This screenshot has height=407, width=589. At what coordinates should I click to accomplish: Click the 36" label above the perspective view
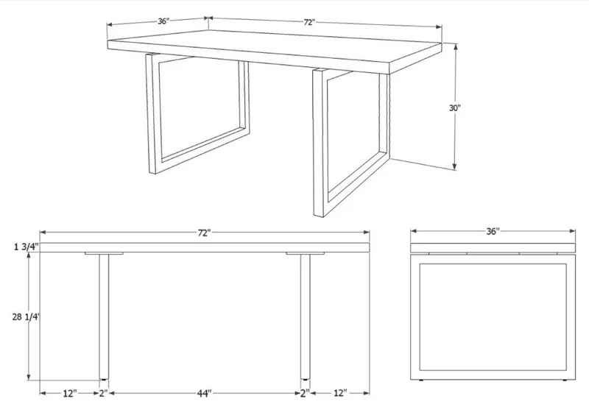coord(163,21)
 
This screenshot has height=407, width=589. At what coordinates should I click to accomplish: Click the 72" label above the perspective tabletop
coord(308,23)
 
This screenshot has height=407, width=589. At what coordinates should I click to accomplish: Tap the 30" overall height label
coord(455,107)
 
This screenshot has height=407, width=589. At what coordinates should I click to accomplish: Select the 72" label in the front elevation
coord(205,233)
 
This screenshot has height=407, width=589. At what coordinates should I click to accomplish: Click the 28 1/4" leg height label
coord(26,317)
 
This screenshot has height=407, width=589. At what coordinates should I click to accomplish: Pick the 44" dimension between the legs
coord(205,393)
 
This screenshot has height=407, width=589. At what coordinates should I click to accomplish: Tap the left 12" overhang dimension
coord(70,393)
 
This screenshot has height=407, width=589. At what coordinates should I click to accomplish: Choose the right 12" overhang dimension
coord(339,393)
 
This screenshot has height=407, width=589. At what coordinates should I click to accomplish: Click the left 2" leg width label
coord(103,393)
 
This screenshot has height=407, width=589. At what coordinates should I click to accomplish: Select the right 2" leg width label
coord(305,393)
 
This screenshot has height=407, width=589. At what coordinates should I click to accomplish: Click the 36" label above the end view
coord(493,231)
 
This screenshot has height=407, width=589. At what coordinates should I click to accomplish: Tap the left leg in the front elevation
coord(104,316)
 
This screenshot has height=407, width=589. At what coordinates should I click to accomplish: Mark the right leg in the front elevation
coord(306,316)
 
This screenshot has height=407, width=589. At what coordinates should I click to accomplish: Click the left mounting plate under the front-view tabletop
coord(104,253)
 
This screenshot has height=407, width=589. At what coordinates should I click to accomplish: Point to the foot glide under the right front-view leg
coord(306,380)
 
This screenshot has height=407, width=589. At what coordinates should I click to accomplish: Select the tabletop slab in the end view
coord(493,248)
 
